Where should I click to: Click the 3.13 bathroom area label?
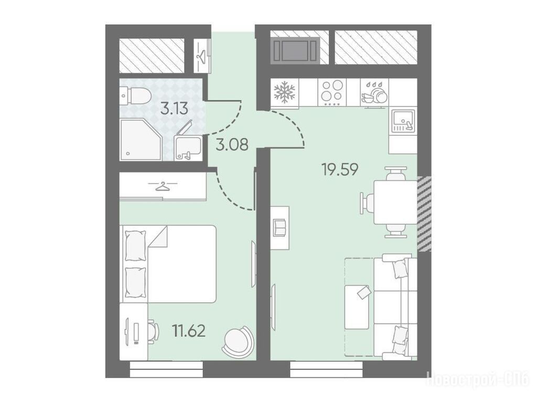[175, 109]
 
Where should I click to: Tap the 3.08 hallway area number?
[232, 145]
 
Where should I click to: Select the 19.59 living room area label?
[340, 169]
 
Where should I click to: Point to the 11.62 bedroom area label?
[189, 331]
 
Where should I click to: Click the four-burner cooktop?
[332, 92]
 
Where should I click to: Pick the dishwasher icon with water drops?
[374, 93]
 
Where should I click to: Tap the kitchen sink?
[403, 121]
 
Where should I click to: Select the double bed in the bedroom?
[168, 263]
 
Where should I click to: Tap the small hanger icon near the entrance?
[201, 56]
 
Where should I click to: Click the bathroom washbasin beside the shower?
[188, 147]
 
